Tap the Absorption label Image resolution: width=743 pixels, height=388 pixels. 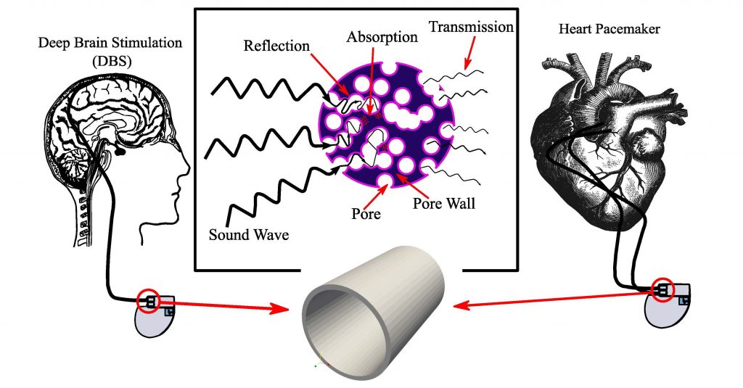[382, 36]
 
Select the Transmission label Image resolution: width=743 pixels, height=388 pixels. [471, 27]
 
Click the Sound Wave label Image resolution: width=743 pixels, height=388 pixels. [249, 234]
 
